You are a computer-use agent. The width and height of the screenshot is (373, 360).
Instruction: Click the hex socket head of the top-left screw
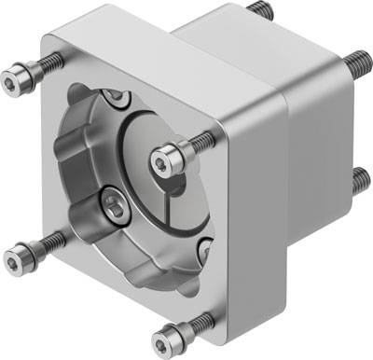click(20, 79)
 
